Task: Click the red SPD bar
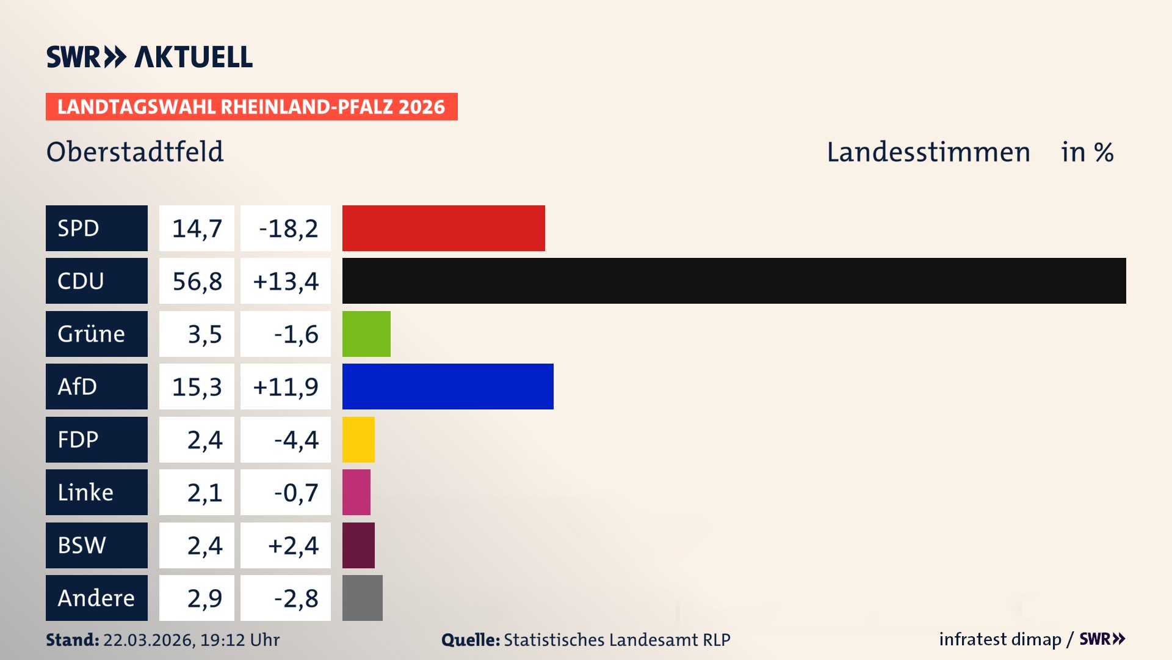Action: [x=443, y=228]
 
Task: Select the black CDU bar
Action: [x=734, y=280]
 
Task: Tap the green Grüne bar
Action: [x=366, y=334]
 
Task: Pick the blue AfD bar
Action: [x=447, y=386]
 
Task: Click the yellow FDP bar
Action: [x=358, y=439]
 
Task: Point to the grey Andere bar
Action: [x=362, y=598]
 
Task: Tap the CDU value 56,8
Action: [x=197, y=281]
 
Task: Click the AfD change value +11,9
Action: [x=286, y=387]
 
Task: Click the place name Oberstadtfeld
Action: [x=135, y=152]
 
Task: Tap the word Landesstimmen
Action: [x=928, y=152]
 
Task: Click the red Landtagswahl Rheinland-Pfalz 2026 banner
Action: [x=251, y=106]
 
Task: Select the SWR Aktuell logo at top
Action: [x=149, y=57]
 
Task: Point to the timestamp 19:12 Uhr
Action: [x=239, y=640]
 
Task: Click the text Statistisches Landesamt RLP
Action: [x=617, y=640]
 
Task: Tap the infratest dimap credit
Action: [x=1000, y=639]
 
